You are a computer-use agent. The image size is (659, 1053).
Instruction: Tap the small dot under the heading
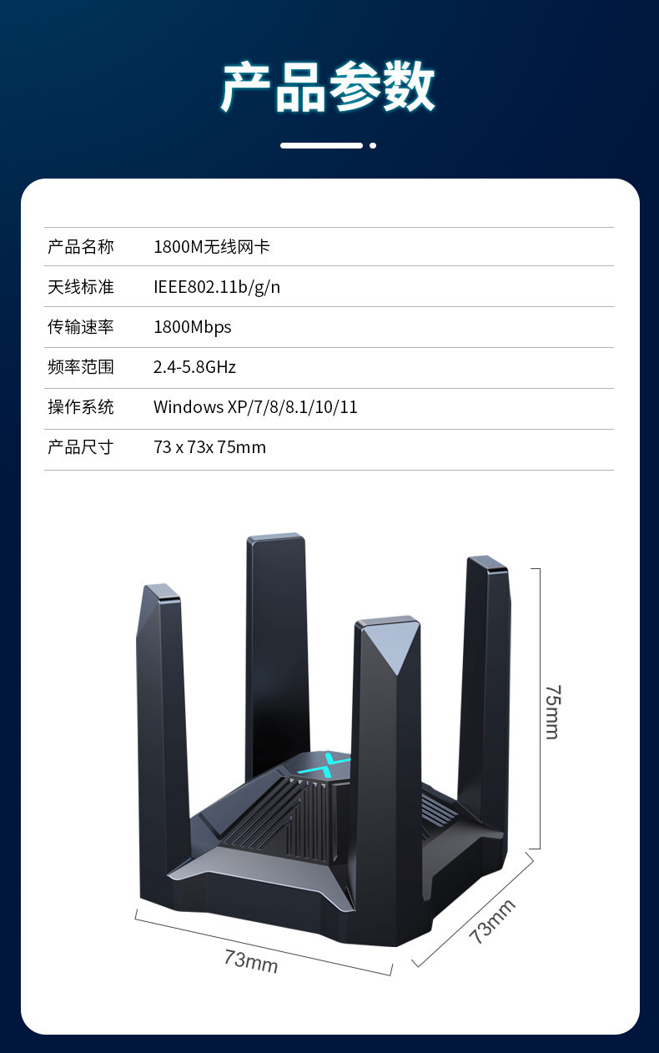pyautogui.click(x=373, y=145)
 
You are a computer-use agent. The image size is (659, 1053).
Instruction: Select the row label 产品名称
pyautogui.click(x=80, y=247)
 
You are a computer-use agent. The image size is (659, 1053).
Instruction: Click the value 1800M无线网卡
pyautogui.click(x=212, y=247)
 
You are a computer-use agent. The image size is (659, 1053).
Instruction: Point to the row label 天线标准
pyautogui.click(x=80, y=287)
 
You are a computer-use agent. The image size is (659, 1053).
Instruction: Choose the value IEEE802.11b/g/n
pyautogui.click(x=217, y=287)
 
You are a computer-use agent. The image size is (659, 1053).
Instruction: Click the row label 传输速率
pyautogui.click(x=80, y=327)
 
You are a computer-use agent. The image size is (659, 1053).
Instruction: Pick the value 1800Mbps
pyautogui.click(x=193, y=327)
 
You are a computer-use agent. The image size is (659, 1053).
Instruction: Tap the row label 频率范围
pyautogui.click(x=80, y=367)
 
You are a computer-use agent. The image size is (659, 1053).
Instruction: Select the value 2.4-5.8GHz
pyautogui.click(x=194, y=367)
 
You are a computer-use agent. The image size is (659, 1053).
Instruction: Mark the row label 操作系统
pyautogui.click(x=80, y=407)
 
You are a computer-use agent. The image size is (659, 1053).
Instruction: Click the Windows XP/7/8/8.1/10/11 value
pyautogui.click(x=255, y=407)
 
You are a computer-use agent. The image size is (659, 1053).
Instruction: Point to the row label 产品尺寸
pyautogui.click(x=80, y=447)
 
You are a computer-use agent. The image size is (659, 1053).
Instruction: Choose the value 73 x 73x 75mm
pyautogui.click(x=209, y=447)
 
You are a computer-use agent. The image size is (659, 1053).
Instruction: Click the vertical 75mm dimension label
pyautogui.click(x=552, y=711)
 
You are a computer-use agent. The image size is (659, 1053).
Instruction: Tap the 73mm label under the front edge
pyautogui.click(x=250, y=960)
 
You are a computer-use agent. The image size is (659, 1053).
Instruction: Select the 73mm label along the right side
pyautogui.click(x=491, y=921)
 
